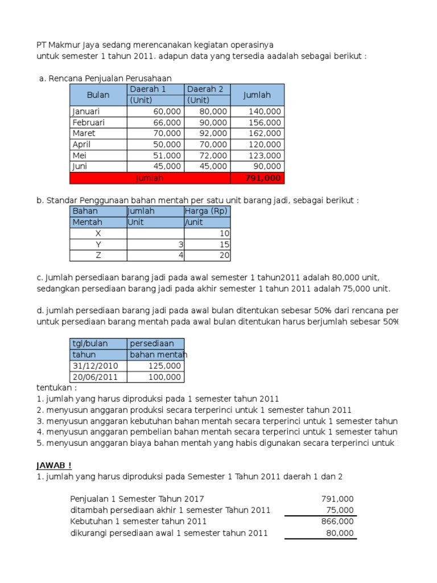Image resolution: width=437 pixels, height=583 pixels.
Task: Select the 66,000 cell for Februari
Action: coord(167,122)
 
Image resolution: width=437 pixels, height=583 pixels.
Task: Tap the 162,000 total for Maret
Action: coord(265,133)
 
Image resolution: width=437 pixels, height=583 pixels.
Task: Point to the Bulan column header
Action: coord(98,95)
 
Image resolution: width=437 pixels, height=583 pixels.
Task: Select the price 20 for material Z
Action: coord(224,255)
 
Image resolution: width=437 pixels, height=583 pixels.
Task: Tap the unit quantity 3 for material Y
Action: coord(181,244)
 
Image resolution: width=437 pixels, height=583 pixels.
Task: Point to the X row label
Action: coord(98,233)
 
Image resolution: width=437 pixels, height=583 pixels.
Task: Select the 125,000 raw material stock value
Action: coord(164,366)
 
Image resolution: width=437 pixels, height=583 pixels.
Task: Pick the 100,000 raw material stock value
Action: coord(164,377)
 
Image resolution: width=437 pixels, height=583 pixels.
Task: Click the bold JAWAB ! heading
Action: coord(55,465)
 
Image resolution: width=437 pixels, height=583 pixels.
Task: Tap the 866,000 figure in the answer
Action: coord(337,521)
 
